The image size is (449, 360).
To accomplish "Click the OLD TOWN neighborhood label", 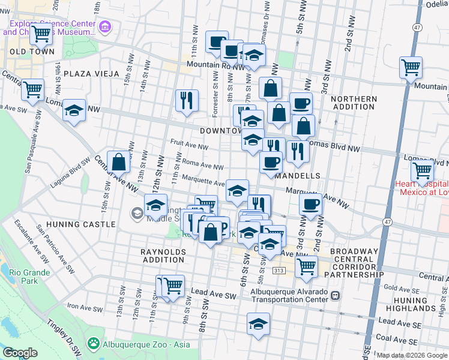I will pyautogui.click(x=24, y=52).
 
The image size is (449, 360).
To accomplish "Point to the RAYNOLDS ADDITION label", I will pyautogui.click(x=163, y=256).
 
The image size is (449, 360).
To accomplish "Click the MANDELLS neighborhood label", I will pyautogui.click(x=295, y=176).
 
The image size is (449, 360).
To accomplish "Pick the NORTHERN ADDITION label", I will pyautogui.click(x=354, y=103).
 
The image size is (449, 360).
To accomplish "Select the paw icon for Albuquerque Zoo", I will pyautogui.click(x=93, y=343).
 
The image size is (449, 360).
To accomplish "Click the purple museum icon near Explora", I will pyautogui.click(x=106, y=26).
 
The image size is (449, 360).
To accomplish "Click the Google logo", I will pyautogui.click(x=20, y=353).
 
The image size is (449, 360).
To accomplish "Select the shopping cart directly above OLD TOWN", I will pyautogui.click(x=41, y=34).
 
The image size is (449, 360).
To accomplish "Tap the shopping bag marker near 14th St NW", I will pyautogui.click(x=119, y=161).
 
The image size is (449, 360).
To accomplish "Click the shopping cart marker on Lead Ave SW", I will pyautogui.click(x=173, y=286).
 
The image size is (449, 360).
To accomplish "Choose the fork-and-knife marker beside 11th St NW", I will pyautogui.click(x=187, y=99).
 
